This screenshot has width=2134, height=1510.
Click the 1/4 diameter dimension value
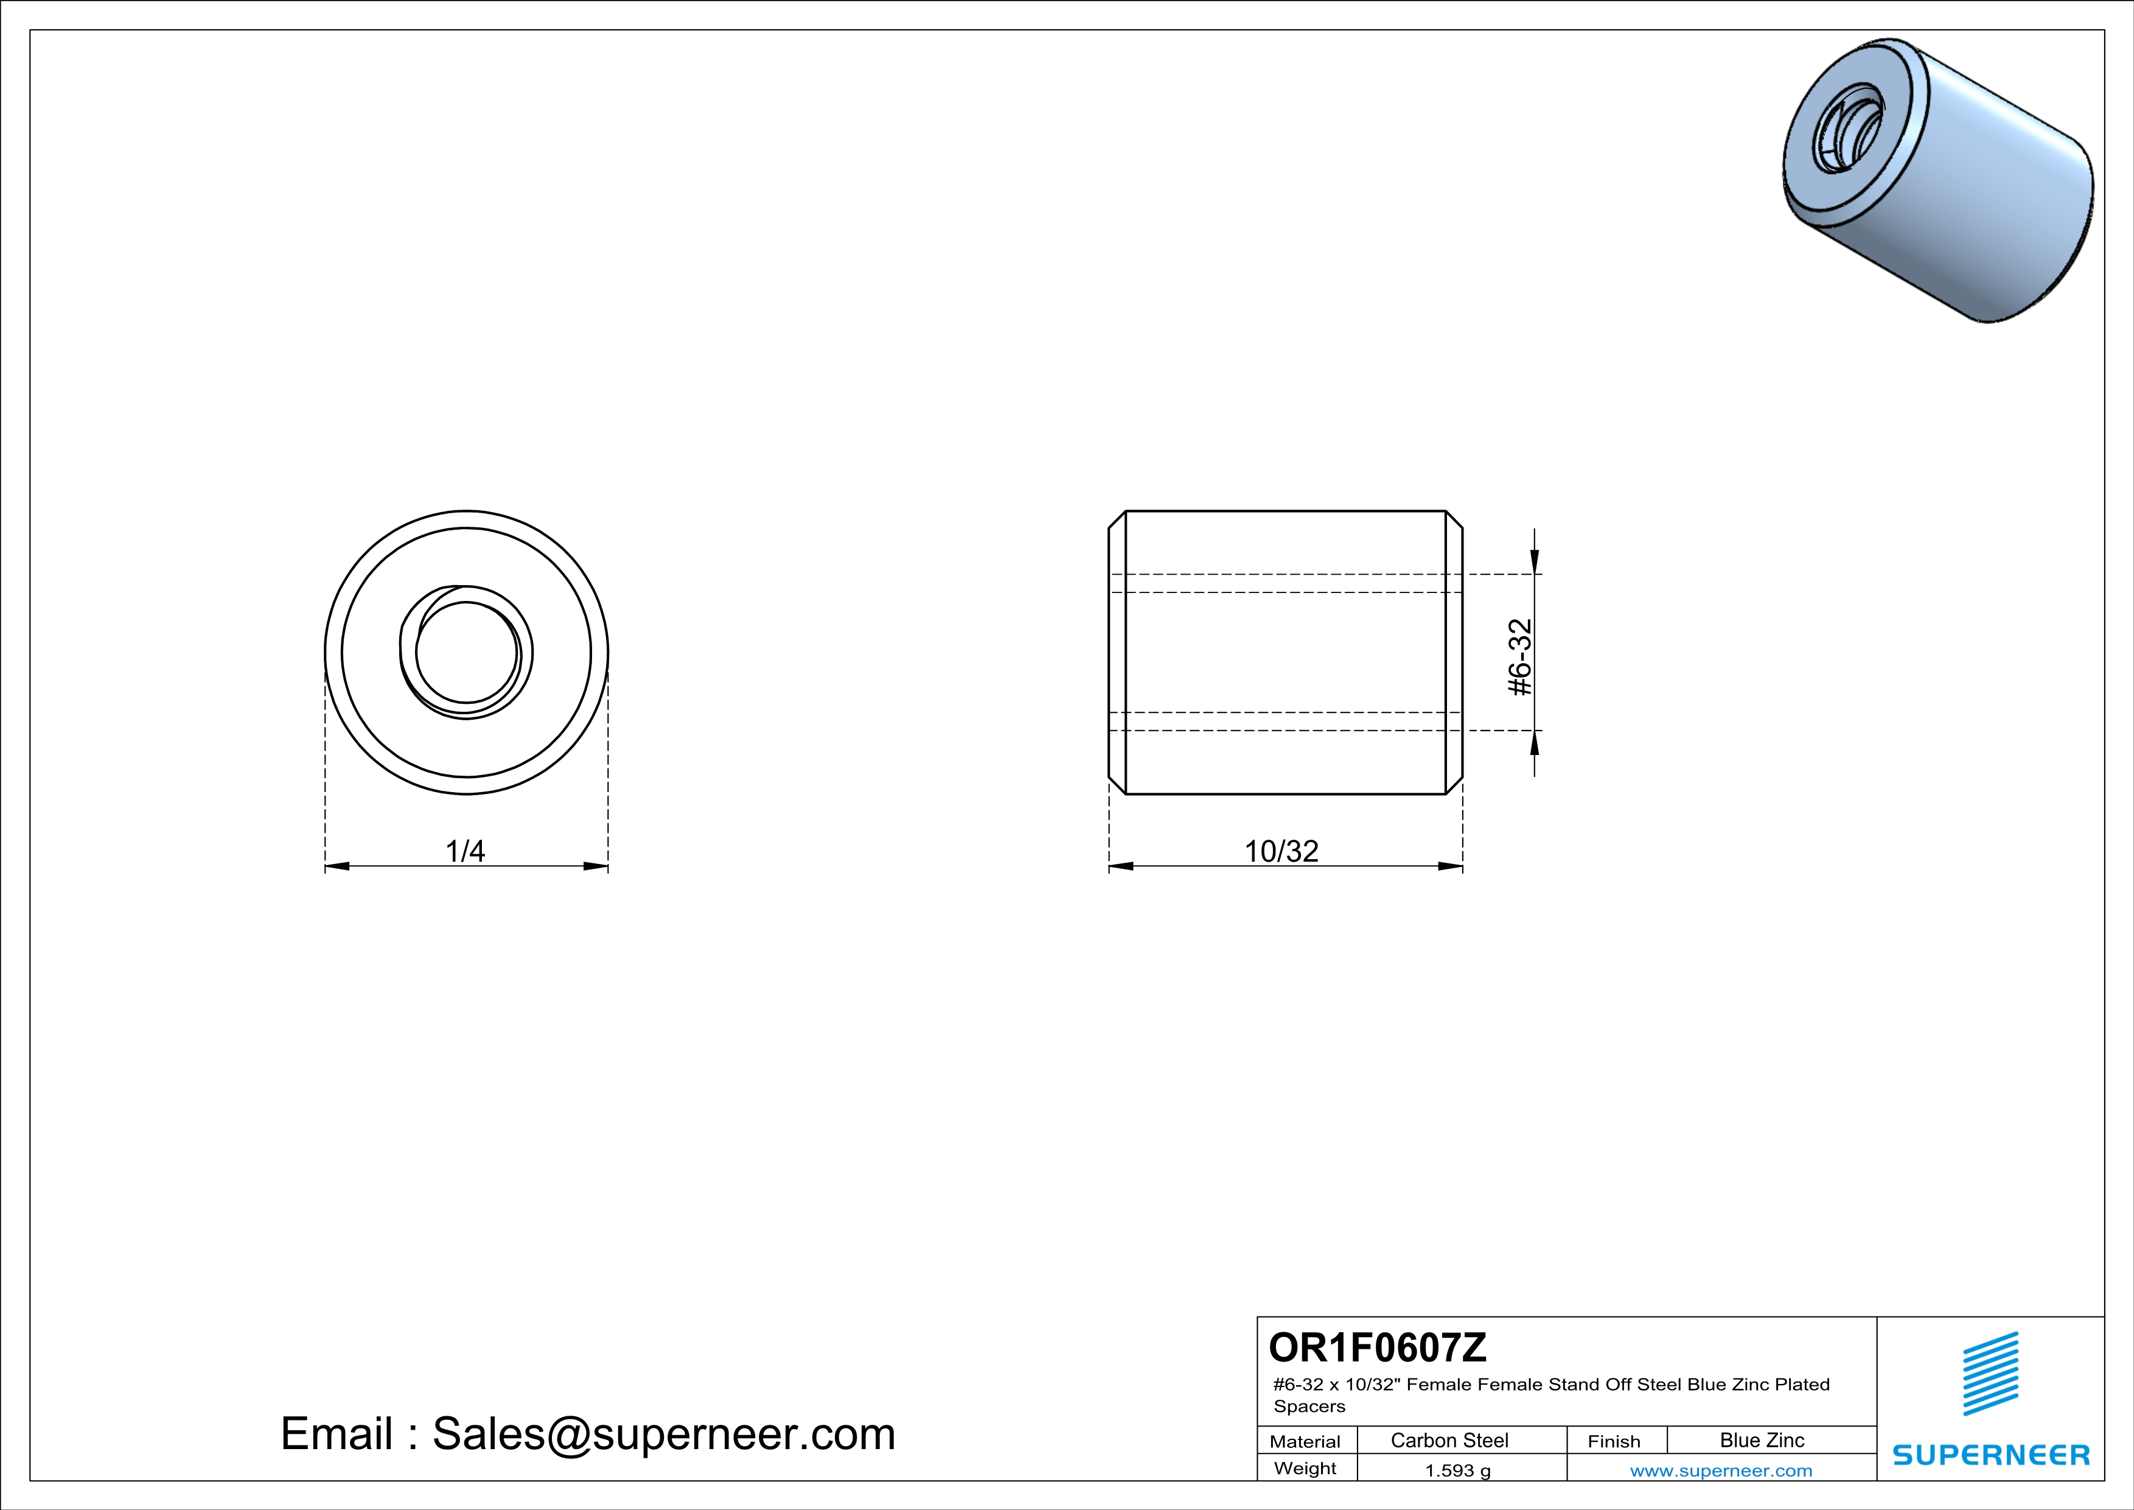click(465, 851)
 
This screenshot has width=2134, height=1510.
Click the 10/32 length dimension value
click(1281, 851)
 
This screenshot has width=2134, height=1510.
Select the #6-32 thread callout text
click(1519, 658)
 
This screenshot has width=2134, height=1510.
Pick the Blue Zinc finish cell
click(1762, 1440)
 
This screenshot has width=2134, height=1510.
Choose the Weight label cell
click(1305, 1468)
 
